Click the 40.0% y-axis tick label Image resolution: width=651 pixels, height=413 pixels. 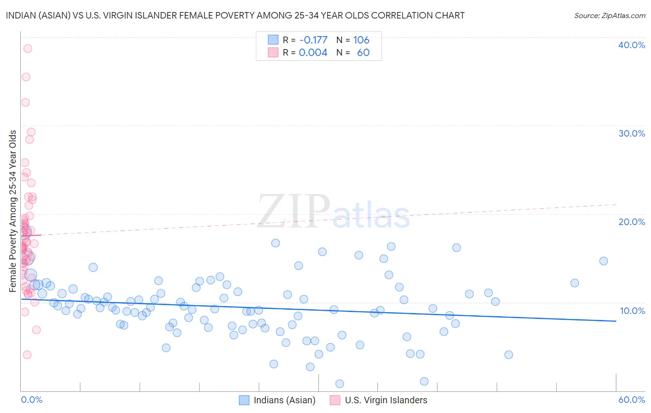click(632, 45)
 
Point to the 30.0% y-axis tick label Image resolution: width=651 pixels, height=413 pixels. click(632, 133)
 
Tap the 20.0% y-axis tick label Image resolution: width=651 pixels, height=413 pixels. click(632, 222)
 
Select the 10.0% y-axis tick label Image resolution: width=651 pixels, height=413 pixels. click(632, 311)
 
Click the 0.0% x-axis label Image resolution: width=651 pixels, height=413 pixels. click(31, 400)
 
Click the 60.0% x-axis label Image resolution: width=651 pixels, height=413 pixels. click(632, 400)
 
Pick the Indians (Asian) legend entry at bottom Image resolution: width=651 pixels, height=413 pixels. click(277, 400)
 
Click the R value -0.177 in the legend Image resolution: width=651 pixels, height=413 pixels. click(313, 40)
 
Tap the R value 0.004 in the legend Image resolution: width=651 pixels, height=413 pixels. click(313, 52)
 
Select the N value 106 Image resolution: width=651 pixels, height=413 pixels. click(361, 40)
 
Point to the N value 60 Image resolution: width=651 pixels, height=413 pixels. click(363, 52)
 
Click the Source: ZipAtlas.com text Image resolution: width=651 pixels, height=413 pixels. click(609, 16)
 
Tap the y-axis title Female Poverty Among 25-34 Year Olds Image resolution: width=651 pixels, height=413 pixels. click(13, 211)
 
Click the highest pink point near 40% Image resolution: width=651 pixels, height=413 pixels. click(28, 49)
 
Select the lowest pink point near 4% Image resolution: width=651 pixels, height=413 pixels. click(27, 355)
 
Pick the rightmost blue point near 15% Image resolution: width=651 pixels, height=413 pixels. click(603, 261)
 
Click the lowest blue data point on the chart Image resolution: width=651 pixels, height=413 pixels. click(339, 383)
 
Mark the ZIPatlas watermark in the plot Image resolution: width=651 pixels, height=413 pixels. click(333, 212)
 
